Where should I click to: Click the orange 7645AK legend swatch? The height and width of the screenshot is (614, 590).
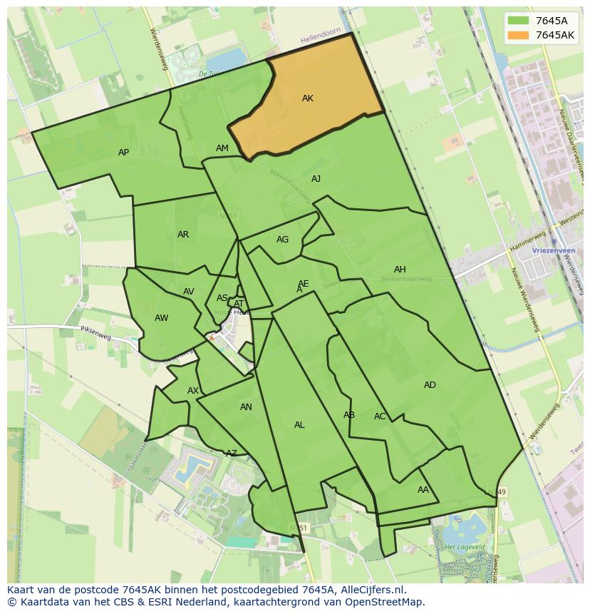point(518,35)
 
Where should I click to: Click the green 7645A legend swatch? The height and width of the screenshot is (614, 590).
point(518,21)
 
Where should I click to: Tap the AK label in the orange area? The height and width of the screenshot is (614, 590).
point(308,98)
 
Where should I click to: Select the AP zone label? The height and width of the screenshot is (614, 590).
point(124,153)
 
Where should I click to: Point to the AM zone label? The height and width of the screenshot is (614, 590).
point(222,148)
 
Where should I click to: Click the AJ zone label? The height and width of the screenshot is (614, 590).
point(316,179)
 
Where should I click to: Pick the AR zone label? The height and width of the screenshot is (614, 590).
point(183,235)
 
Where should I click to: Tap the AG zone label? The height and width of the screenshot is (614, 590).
point(283,240)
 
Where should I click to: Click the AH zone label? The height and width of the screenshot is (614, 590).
point(400,270)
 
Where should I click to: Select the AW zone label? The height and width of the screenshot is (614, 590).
point(162,318)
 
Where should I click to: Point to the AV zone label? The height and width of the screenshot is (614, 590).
point(189,292)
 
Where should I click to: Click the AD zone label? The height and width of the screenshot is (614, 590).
point(430,385)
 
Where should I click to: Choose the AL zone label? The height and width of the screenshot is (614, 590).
point(299,425)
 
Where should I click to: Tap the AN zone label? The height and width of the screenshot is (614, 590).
point(246,407)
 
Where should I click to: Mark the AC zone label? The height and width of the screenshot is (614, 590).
point(380,416)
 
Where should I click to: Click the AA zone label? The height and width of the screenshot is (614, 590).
point(423,490)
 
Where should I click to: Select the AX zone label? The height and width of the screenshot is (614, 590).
point(193,391)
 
